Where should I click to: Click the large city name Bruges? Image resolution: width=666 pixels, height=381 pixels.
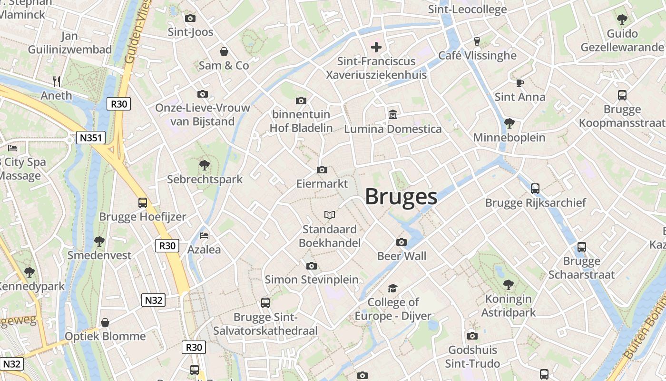[x=401, y=197]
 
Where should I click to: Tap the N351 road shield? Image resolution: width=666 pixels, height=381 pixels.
[x=90, y=138]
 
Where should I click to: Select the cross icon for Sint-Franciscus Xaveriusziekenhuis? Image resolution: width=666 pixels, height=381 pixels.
[x=376, y=47]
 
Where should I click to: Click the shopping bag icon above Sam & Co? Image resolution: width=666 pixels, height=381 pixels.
[x=224, y=51]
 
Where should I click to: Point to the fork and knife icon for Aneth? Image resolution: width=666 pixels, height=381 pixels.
[x=57, y=81]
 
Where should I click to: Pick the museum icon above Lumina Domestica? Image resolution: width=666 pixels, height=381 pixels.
[x=393, y=115]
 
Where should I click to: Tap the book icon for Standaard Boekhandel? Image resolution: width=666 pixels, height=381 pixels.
[x=330, y=215]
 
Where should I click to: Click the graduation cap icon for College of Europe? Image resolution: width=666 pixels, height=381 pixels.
[x=392, y=288]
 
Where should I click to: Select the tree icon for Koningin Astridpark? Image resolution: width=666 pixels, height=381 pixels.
[x=509, y=285]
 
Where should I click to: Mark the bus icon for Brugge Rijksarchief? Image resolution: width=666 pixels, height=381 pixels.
[x=535, y=189]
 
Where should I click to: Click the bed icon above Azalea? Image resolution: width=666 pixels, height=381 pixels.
[x=204, y=236]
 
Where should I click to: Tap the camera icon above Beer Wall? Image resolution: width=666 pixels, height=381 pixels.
[x=402, y=242]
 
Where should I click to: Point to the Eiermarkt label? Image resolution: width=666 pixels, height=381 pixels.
[x=322, y=183]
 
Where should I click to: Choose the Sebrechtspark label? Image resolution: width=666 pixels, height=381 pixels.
[x=205, y=180]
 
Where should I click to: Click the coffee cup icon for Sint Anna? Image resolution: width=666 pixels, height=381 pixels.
[x=520, y=83]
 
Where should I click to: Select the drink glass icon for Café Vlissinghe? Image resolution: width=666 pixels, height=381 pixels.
[x=477, y=41]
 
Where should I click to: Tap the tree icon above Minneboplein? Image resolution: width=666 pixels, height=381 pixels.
[x=509, y=123]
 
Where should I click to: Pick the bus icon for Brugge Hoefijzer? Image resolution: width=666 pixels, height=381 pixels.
[x=143, y=203]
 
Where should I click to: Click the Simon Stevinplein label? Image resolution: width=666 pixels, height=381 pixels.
[x=312, y=280]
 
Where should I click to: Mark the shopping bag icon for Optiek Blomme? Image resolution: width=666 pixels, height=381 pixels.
[x=105, y=322]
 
